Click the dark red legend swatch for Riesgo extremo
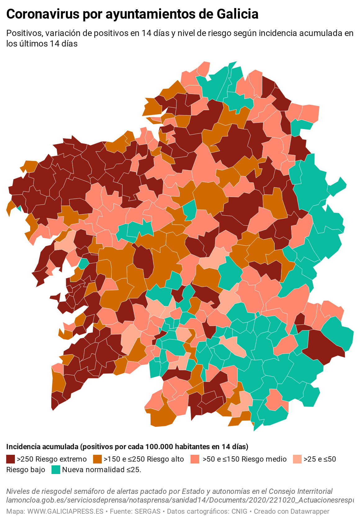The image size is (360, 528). pyautogui.click(x=11, y=459)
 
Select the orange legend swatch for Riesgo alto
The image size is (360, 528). pyautogui.click(x=97, y=459)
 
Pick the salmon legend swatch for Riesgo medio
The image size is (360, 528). pyautogui.click(x=195, y=459)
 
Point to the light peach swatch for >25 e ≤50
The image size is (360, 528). pyautogui.click(x=297, y=459)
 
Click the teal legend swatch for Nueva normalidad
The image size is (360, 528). pyautogui.click(x=56, y=470)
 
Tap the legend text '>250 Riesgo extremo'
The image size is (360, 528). pyautogui.click(x=52, y=459)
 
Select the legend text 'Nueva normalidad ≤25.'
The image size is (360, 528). pyautogui.click(x=102, y=470)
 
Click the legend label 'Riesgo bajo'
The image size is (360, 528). pyautogui.click(x=26, y=470)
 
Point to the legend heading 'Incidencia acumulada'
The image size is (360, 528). pyautogui.click(x=42, y=447)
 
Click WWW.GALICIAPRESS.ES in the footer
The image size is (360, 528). pyautogui.click(x=65, y=511)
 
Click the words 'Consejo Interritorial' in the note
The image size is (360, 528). pyautogui.click(x=300, y=491)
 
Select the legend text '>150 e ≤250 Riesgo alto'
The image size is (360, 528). pyautogui.click(x=144, y=459)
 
